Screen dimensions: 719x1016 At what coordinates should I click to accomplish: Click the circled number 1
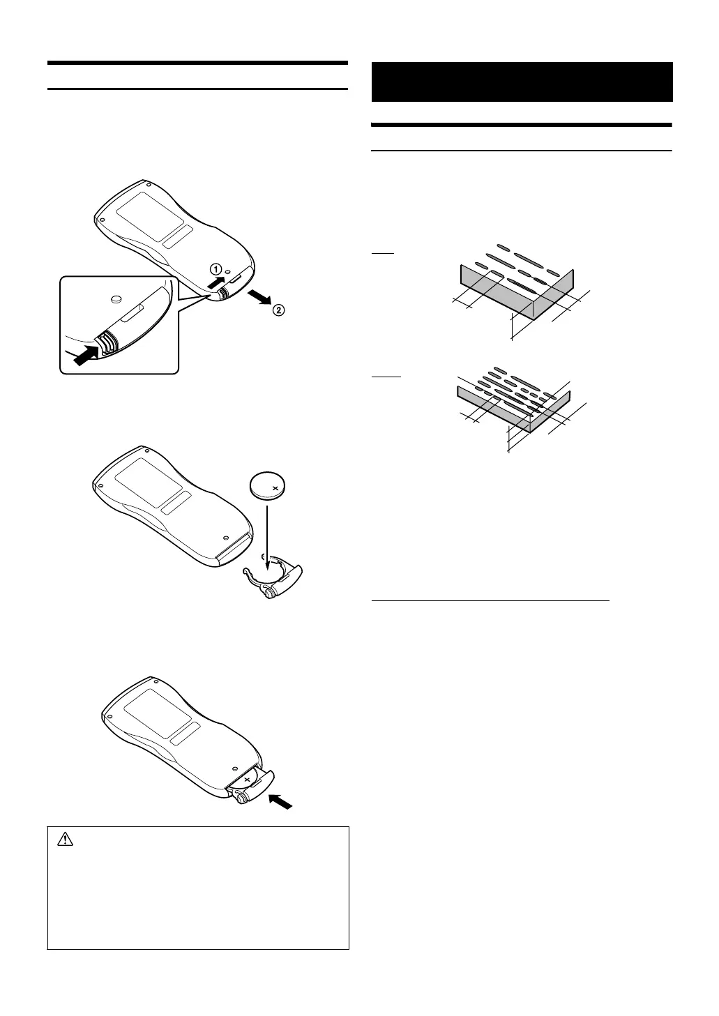217,268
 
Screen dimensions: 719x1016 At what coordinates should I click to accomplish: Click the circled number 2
278,311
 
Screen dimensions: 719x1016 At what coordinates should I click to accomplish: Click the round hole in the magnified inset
116,298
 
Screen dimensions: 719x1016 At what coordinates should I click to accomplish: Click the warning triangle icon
65,840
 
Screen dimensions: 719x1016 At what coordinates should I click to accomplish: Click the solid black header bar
522,82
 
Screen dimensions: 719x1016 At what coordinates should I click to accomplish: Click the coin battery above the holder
268,487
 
